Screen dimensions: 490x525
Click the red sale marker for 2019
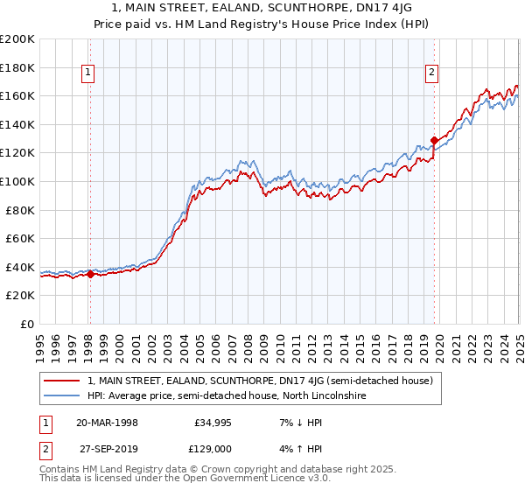(434, 139)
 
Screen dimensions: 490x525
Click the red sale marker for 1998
(90, 274)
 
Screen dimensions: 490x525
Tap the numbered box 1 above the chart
(89, 73)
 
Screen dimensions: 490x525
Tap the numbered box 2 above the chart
(432, 73)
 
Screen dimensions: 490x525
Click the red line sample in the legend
(63, 381)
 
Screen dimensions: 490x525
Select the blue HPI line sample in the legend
(63, 396)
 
